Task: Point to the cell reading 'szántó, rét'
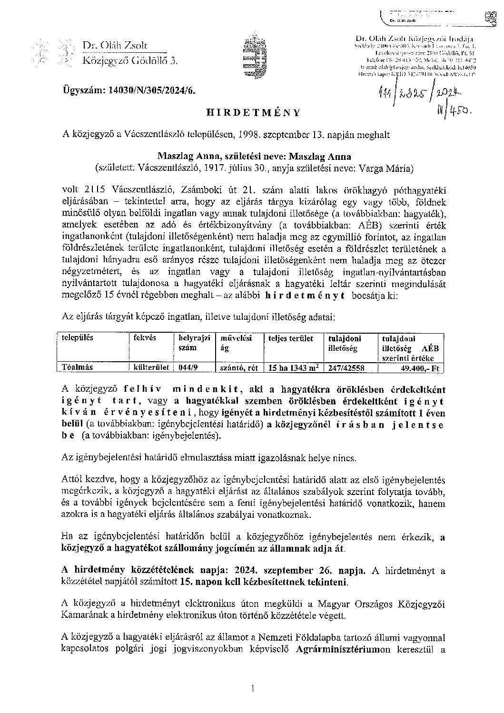click(237, 367)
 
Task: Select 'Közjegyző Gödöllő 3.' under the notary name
click(129, 60)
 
